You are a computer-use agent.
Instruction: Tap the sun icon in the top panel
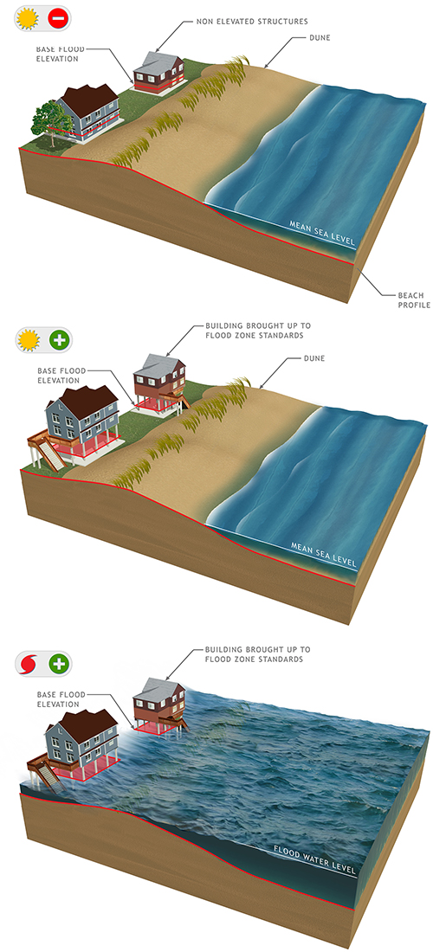28,19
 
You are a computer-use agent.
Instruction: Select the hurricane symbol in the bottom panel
28,664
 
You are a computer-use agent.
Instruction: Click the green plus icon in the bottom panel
58,664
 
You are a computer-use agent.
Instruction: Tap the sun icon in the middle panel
28,340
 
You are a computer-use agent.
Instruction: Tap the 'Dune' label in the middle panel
314,358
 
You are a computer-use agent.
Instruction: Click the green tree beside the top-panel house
51,123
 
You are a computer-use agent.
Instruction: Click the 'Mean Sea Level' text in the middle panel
323,554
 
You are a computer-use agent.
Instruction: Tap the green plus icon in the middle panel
58,340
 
